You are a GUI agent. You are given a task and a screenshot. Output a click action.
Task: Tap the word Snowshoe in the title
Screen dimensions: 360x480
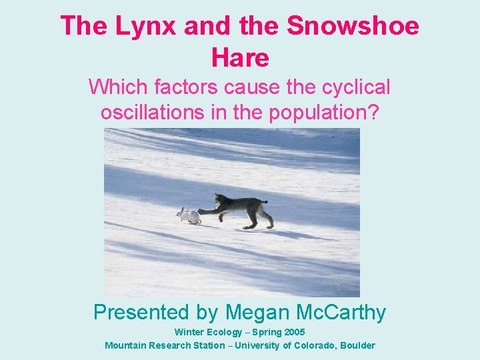(353, 27)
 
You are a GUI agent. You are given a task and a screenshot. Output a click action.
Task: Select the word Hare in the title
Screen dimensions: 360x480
(240, 58)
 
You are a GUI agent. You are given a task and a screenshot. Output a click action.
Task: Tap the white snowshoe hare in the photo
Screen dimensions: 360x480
(189, 215)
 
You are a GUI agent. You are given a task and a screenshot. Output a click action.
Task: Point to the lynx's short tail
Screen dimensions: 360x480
(263, 201)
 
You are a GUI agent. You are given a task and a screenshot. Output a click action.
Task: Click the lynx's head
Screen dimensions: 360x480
(219, 199)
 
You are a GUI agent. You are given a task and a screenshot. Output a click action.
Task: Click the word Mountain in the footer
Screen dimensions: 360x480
(126, 345)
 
